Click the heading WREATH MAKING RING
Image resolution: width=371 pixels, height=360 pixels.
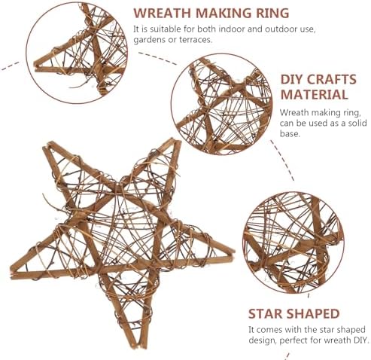(211, 12)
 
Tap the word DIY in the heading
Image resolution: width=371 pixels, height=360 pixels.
(295, 78)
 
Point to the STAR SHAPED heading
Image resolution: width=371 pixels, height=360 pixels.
(294, 313)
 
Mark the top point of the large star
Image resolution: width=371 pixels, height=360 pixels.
(50, 143)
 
